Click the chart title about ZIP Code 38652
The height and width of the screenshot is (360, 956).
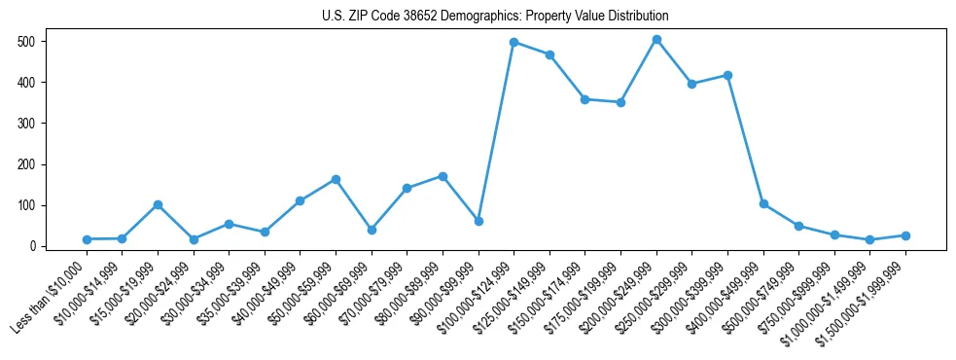coord(495,16)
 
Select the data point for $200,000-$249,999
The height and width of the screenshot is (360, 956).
coord(656,40)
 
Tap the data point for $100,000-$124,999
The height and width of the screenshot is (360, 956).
coord(513,43)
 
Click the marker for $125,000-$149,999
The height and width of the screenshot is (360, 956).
coord(549,55)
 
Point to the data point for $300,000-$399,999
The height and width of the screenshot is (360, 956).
coord(727,75)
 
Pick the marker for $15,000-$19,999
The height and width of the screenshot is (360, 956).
coord(158,204)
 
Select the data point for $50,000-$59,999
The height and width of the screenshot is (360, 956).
coord(336,179)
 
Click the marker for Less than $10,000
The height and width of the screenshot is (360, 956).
coord(87,239)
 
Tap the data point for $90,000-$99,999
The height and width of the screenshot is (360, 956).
coord(478,221)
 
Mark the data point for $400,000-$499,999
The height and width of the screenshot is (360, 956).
coord(763,203)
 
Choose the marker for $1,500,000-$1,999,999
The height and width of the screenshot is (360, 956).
coord(905,235)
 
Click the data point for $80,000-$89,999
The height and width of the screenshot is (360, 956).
coord(443,176)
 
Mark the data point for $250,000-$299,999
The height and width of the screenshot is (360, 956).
coord(691,84)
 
